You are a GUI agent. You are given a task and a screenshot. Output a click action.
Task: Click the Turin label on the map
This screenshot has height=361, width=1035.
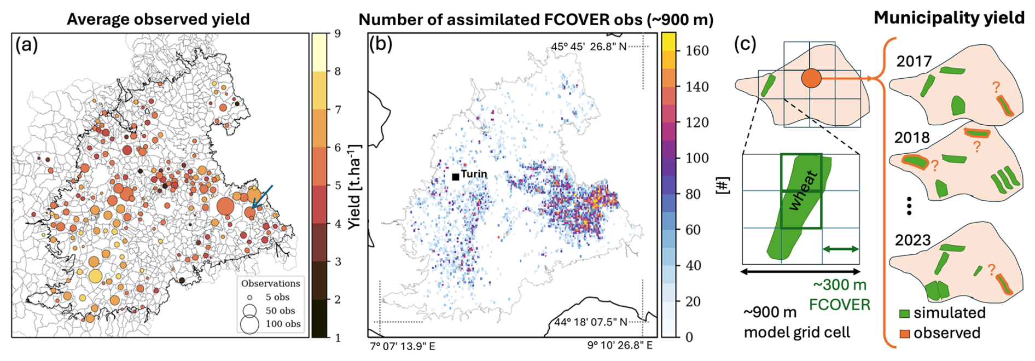474,174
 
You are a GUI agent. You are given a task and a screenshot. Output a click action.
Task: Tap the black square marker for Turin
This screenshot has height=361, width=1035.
456,177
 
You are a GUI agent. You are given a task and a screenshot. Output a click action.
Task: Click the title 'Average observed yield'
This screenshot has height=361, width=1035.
158,19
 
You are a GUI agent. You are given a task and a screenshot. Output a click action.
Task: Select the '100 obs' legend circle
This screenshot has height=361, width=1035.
249,324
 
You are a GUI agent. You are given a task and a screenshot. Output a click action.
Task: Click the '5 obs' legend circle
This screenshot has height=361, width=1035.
249,298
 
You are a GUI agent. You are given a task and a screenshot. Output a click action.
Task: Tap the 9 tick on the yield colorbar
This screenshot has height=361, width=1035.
338,34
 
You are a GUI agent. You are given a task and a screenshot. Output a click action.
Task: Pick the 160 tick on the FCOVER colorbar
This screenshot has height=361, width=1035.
696,51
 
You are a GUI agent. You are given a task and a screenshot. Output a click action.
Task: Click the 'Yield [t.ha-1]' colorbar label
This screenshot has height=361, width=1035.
355,187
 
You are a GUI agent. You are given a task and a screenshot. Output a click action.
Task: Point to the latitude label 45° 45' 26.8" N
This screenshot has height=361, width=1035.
589,46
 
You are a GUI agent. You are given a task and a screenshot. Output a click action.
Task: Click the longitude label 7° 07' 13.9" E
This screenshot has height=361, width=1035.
403,346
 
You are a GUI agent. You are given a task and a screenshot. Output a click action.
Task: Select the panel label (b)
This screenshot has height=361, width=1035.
381,44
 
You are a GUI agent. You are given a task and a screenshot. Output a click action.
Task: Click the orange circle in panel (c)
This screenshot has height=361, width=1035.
811,78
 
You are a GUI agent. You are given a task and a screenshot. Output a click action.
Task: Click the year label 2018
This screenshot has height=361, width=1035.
912,137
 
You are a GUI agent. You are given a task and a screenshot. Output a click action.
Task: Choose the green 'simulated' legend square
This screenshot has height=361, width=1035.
904,314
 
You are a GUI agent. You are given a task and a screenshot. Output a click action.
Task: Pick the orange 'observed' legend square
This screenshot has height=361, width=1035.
904,334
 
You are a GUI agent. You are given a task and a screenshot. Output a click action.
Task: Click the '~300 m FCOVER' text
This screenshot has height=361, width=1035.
839,295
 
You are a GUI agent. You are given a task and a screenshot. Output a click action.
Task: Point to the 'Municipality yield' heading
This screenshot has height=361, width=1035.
949,18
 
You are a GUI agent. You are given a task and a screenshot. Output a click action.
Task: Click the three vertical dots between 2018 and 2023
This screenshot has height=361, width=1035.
909,206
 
